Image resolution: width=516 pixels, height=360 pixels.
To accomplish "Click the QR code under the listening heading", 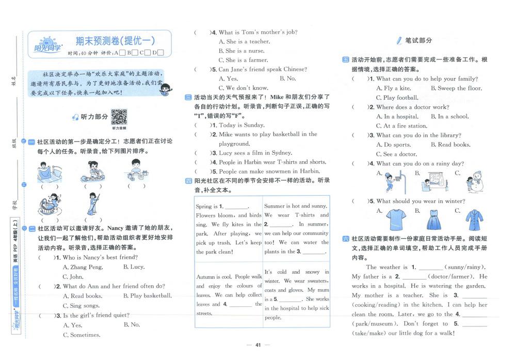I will [x=119, y=117].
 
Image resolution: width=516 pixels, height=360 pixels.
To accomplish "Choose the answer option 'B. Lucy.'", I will [x=134, y=267].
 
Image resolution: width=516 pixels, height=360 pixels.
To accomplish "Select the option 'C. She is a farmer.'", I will [x=241, y=60].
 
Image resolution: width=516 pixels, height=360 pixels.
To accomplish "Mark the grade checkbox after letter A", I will [x=122, y=53].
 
